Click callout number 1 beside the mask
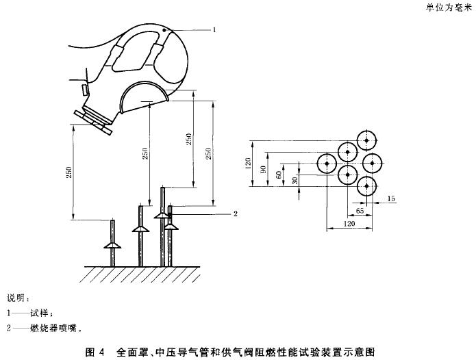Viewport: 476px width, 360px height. click(x=214, y=30)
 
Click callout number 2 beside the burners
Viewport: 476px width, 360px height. click(x=234, y=214)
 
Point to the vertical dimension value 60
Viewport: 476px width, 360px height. click(x=279, y=175)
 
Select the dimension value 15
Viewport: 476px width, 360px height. click(x=391, y=198)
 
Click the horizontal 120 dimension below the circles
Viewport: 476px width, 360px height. click(x=349, y=224)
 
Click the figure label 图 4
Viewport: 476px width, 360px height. click(x=95, y=352)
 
